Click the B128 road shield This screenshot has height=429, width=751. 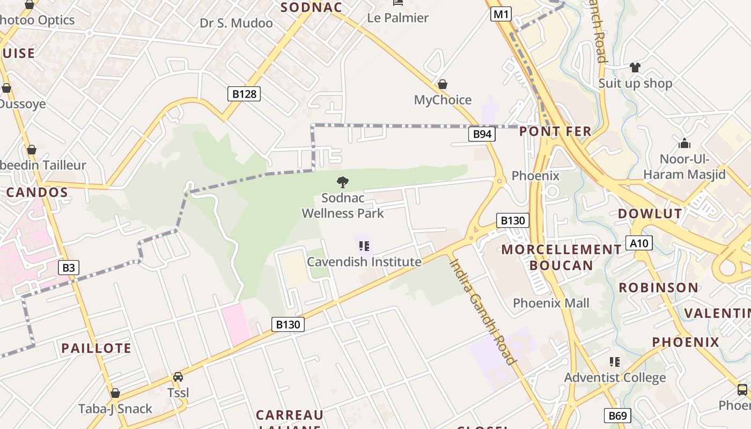coord(244,94)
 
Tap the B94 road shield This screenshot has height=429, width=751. coord(482,134)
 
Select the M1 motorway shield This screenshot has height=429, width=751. coord(500,14)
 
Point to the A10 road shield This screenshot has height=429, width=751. coord(639,243)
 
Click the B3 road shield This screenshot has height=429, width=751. coord(69,267)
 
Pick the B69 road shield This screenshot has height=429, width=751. coord(617,415)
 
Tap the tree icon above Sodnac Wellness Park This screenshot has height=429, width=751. coord(342,182)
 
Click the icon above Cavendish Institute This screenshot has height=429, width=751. coord(364,246)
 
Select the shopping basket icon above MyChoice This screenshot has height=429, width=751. coord(443,84)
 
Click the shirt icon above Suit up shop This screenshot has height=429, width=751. coord(635,67)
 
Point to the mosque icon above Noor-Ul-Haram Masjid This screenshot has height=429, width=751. coord(684,143)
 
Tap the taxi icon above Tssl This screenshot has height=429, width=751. coord(178,377)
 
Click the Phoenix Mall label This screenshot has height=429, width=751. coord(551,303)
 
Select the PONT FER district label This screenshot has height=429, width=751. coord(555,131)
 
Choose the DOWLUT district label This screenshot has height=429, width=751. coord(650,213)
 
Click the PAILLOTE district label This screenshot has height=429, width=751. coord(96,348)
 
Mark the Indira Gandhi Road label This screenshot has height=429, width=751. coord(482,312)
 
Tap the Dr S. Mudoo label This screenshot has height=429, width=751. coord(236,23)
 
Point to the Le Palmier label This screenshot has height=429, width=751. coord(397,18)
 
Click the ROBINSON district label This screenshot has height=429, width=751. coord(659,287)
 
